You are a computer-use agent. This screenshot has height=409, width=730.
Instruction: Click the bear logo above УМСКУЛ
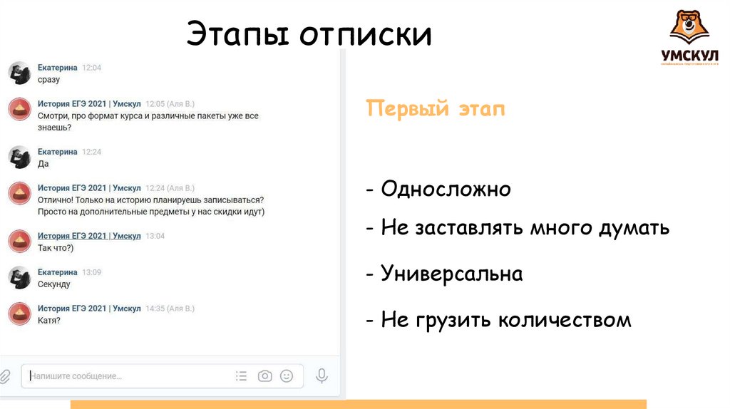688,26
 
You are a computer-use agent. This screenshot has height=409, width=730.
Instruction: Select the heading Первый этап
435,109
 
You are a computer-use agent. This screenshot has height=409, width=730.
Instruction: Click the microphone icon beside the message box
322,376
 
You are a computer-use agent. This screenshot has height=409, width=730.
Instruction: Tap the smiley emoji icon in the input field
287,376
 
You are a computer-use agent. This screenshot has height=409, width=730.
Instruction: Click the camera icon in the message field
265,376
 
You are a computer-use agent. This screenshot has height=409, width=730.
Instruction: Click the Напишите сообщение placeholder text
76,376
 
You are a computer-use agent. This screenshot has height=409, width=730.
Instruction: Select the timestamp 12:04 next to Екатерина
92,68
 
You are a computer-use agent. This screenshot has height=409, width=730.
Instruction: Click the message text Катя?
49,320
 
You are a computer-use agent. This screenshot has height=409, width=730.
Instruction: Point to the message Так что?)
56,247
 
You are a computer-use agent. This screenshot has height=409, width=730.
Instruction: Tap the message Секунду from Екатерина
54,284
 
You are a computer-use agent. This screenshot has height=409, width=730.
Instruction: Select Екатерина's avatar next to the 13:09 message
19,278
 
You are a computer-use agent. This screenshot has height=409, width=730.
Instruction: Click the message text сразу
49,79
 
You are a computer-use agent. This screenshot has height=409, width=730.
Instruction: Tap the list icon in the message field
242,376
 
